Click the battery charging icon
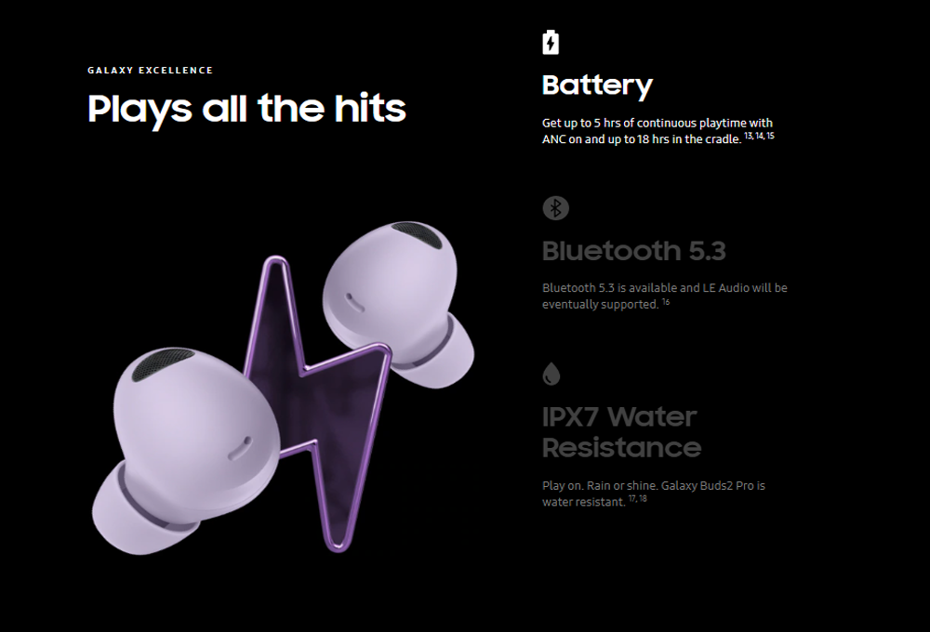point(551,42)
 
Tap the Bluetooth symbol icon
point(556,208)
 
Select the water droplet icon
point(551,375)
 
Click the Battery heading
point(597,86)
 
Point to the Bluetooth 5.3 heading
point(634,251)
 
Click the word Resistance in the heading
point(621,448)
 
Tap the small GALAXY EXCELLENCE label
point(150,70)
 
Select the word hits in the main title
point(370,108)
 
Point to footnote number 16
point(666,302)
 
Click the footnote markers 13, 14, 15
point(759,136)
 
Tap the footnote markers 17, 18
point(638,498)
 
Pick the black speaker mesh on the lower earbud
point(161,362)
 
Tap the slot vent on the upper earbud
point(354,302)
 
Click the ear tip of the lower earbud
point(137,511)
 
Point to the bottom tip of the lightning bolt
point(339,550)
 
